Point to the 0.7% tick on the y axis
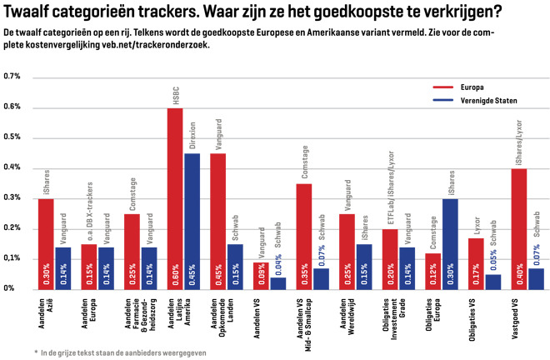tap(12, 76)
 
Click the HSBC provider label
tap(176, 96)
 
